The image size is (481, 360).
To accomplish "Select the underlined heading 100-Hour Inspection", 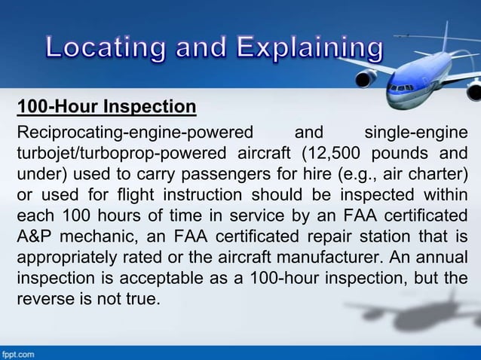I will (x=107, y=105).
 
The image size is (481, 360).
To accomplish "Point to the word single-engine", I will (x=415, y=134).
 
